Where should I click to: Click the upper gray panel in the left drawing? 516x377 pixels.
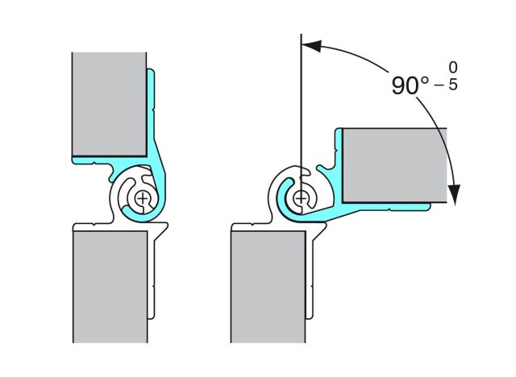tap(108, 105)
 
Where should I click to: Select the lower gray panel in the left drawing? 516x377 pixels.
tap(110, 286)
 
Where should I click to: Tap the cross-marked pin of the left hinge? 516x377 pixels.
tap(143, 197)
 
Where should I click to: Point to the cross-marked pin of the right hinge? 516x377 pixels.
tap(301, 197)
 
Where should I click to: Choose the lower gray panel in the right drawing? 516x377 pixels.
tap(268, 286)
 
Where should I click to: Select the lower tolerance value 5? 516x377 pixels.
tap(452, 85)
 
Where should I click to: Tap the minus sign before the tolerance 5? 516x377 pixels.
tap(440, 85)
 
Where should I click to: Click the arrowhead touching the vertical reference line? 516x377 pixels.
tap(311, 48)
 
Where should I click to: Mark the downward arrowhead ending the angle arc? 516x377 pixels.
tap(455, 194)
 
